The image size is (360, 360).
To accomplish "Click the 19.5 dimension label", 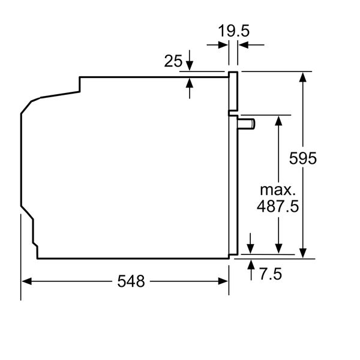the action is [x=233, y=31].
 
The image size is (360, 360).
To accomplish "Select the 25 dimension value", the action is [x=173, y=61].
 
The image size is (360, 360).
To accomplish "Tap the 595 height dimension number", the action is [x=303, y=158].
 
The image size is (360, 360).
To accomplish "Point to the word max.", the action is [x=278, y=190].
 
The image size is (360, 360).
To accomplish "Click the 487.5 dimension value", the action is [x=278, y=206].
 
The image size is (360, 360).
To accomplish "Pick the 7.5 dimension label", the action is [x=271, y=274].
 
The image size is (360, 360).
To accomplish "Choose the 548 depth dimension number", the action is [x=131, y=281].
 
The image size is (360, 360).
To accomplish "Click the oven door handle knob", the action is [x=247, y=124].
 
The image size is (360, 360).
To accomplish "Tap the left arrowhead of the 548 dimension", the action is [x=26, y=281].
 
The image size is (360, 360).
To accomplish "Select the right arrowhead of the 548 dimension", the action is [x=223, y=281].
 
